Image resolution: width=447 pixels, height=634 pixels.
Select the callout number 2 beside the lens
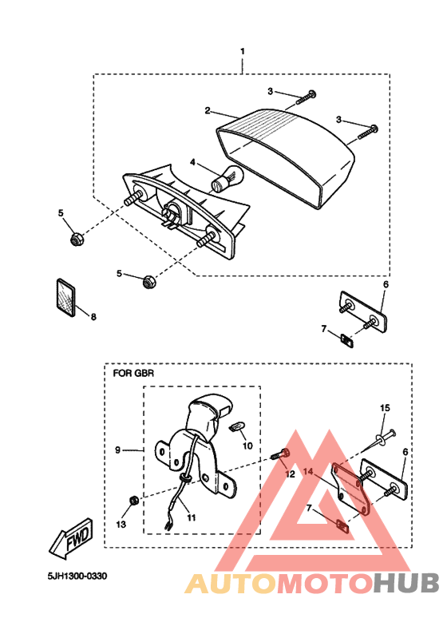click(x=207, y=110)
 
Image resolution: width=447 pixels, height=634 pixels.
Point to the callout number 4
click(x=192, y=162)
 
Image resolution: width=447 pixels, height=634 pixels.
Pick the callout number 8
click(x=93, y=317)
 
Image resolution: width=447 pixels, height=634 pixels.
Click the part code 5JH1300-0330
click(x=76, y=576)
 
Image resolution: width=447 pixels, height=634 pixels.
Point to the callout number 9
click(x=117, y=450)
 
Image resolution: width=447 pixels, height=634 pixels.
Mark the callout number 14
click(x=308, y=473)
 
